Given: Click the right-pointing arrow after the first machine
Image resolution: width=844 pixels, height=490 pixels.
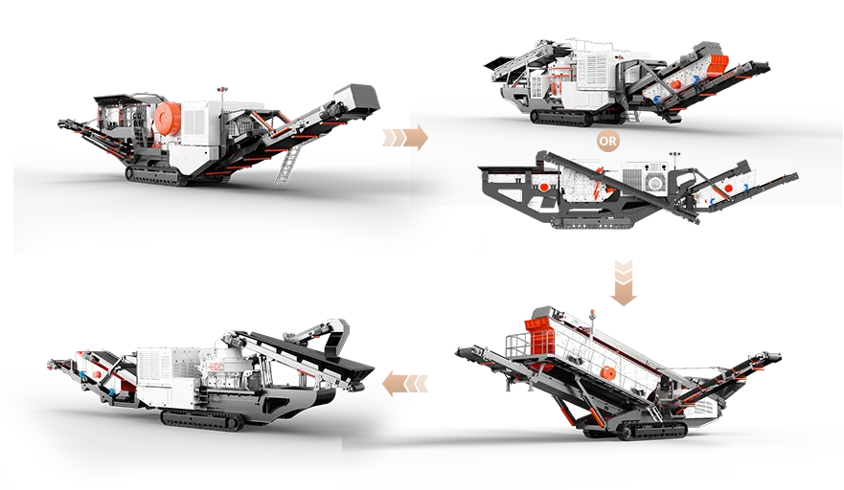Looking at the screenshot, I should click(x=402, y=138).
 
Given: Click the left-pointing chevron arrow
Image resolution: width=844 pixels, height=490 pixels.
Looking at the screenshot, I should click(x=405, y=386).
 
